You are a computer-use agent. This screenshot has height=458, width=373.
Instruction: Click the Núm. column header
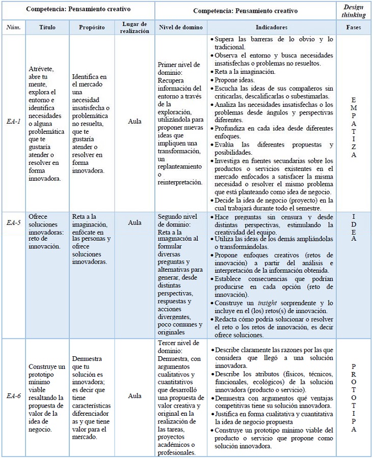click(x=13, y=27)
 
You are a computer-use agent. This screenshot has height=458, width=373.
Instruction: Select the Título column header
click(x=47, y=27)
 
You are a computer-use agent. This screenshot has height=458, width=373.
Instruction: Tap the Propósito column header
click(x=92, y=27)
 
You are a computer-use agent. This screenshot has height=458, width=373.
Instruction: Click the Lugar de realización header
click(x=135, y=27)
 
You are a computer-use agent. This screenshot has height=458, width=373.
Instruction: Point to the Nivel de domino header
click(x=180, y=27)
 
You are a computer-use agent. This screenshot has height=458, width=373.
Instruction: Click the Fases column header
click(x=353, y=27)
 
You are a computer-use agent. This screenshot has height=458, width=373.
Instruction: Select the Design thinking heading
click(x=353, y=10)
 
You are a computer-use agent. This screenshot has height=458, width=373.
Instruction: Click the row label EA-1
click(x=13, y=122)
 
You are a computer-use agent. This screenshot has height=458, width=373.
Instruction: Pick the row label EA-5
click(x=13, y=222)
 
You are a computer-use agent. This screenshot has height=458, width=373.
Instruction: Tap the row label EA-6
click(x=13, y=395)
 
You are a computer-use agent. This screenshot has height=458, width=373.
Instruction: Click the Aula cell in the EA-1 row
click(x=135, y=122)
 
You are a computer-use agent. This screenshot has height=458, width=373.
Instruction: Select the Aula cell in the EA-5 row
click(x=135, y=222)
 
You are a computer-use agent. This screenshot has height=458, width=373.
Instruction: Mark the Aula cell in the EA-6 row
click(x=135, y=395)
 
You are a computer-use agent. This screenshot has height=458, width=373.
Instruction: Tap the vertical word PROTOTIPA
click(x=354, y=398)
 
